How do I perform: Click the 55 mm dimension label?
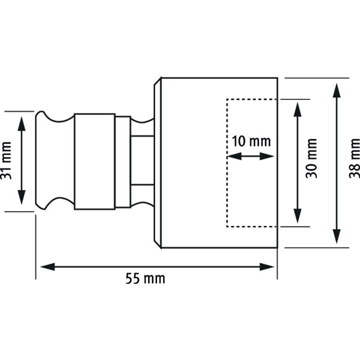[145, 279]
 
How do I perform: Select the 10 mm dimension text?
[251, 141]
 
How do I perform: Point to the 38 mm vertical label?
[354, 163]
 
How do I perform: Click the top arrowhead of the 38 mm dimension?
[336, 88]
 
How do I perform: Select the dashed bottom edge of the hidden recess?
[251, 227]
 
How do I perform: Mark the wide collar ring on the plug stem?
[94, 161]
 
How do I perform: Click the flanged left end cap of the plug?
[45, 161]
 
